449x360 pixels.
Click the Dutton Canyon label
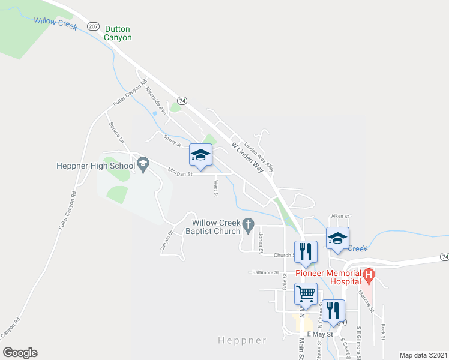tap(118, 33)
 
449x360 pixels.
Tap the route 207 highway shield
tap(93, 26)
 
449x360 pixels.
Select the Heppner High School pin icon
tap(143, 163)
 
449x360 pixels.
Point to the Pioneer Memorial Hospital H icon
tap(369, 277)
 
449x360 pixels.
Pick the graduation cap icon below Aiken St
tap(337, 239)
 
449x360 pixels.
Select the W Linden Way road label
tap(247, 158)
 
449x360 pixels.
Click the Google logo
tap(20, 353)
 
